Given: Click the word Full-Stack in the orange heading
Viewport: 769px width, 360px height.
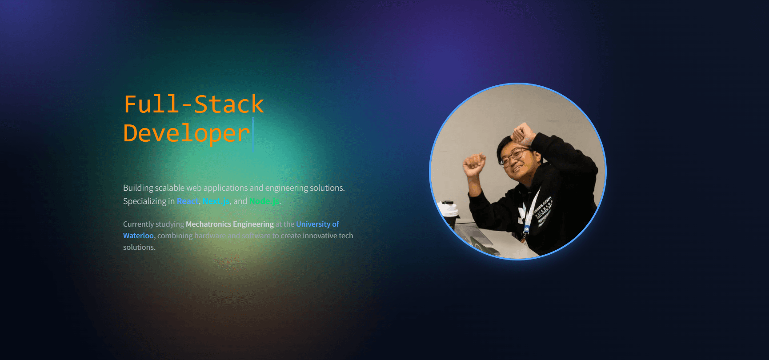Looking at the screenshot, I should pyautogui.click(x=194, y=104).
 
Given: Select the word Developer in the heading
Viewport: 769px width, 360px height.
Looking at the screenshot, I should pyautogui.click(x=186, y=133).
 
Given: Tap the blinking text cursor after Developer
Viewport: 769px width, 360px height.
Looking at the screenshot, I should pyautogui.click(x=253, y=133).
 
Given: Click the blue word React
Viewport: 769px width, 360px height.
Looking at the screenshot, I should pyautogui.click(x=188, y=201).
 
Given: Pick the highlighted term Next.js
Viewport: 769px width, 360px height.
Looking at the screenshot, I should pyautogui.click(x=216, y=201).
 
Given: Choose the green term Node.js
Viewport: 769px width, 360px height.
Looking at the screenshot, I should pyautogui.click(x=264, y=201).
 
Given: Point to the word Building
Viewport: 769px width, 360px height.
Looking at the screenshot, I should pyautogui.click(x=138, y=188).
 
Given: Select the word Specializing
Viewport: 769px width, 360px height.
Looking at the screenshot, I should pyautogui.click(x=144, y=201).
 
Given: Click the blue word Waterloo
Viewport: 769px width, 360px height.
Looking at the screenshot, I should pyautogui.click(x=138, y=236).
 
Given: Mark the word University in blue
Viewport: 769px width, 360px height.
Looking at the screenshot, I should pyautogui.click(x=313, y=224).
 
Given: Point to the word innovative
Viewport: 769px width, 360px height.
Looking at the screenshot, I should pyautogui.click(x=320, y=236).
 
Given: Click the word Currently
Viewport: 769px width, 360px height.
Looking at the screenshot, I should pyautogui.click(x=138, y=224).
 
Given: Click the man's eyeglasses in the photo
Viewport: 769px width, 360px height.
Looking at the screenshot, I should pyautogui.click(x=513, y=156).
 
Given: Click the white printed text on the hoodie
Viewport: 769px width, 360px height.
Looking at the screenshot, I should pyautogui.click(x=544, y=209).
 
